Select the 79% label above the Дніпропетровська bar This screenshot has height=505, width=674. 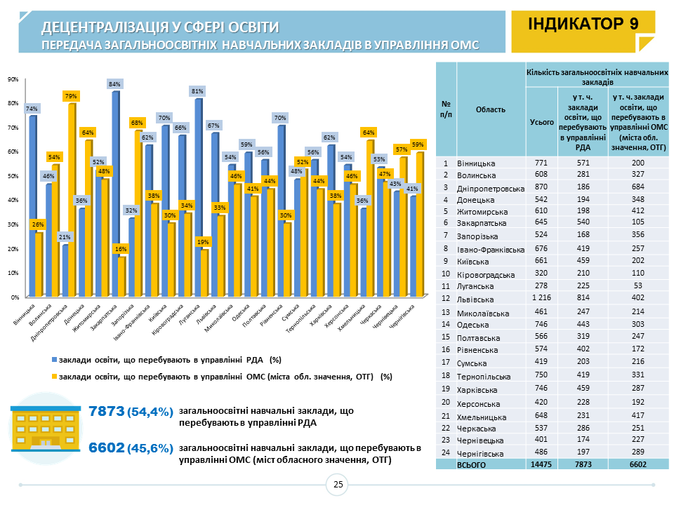pyautogui.click(x=71, y=95)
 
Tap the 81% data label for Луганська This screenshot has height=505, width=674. pyautogui.click(x=197, y=91)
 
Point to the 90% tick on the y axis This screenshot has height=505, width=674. pyautogui.click(x=13, y=79)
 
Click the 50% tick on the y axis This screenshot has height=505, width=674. pyautogui.click(x=13, y=176)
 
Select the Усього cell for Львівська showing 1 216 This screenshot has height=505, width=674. pyautogui.click(x=541, y=299)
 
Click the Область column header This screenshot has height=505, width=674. pyautogui.click(x=491, y=109)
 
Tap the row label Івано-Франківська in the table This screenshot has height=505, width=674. pyautogui.click(x=491, y=249)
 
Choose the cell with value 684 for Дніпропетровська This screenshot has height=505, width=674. pyautogui.click(x=637, y=189)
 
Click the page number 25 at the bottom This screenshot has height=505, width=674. pyautogui.click(x=338, y=485)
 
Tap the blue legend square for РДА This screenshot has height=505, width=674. pyautogui.click(x=54, y=360)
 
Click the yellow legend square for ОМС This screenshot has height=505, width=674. pyautogui.click(x=54, y=377)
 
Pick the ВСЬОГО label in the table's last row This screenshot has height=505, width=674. pyautogui.click(x=471, y=464)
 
